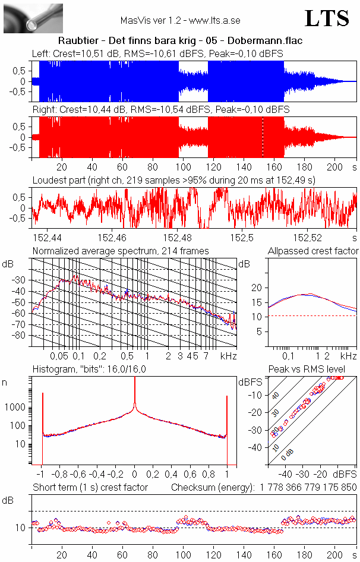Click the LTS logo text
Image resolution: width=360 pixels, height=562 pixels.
pos(327,18)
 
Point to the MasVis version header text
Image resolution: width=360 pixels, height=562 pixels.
pos(180,20)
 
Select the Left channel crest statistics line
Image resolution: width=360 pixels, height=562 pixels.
pos(157,54)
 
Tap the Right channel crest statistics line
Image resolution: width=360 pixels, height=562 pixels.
pos(160,110)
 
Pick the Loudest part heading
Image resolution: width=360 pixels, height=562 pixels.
pos(173,178)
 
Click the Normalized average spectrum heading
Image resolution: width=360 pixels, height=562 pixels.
pos(120,251)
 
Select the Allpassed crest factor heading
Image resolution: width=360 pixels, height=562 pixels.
pos(313,251)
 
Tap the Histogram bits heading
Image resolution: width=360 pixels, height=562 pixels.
pos(89,369)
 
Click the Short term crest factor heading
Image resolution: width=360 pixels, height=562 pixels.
pos(90,488)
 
